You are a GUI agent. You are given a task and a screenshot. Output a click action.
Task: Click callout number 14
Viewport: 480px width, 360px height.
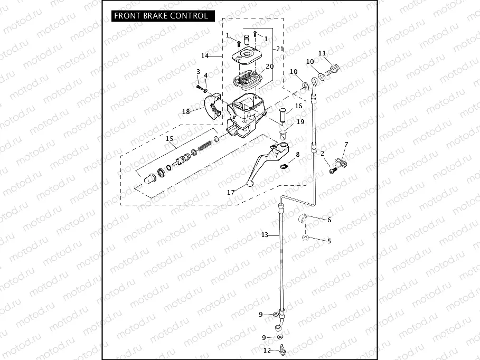(x=205, y=55)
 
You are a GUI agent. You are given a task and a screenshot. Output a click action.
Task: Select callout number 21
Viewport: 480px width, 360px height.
(x=279, y=49)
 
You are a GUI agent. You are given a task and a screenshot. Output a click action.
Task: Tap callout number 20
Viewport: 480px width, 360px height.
(x=269, y=67)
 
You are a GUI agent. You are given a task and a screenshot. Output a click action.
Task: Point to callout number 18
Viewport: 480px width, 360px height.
(x=185, y=111)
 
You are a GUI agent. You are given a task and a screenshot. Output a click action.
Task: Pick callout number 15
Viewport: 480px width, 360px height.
(x=170, y=139)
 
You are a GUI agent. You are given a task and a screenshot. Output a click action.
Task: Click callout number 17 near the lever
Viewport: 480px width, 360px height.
(x=231, y=193)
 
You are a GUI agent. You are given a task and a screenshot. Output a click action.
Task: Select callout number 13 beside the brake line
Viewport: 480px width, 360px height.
(x=265, y=234)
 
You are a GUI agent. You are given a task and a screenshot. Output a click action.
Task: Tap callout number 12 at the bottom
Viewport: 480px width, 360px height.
(x=267, y=350)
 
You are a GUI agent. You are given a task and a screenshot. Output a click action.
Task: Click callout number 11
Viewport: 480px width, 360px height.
(x=322, y=53)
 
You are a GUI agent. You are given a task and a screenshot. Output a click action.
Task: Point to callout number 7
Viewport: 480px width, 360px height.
(x=346, y=144)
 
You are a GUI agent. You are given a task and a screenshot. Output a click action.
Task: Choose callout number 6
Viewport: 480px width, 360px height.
(x=329, y=220)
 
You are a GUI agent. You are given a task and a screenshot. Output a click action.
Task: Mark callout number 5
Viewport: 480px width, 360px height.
(x=329, y=241)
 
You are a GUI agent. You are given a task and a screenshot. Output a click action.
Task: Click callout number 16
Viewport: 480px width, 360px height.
(x=298, y=106)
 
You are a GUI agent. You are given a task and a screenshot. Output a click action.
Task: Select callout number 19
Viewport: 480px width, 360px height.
(x=300, y=122)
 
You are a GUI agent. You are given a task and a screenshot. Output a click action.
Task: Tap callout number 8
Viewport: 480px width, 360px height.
(x=297, y=155)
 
